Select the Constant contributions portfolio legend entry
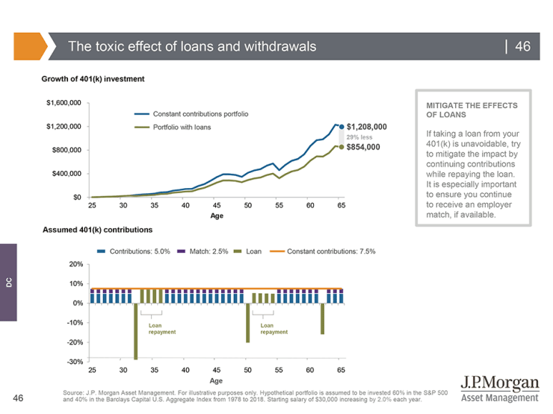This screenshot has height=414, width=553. (200, 114)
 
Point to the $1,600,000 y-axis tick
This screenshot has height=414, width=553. (64, 102)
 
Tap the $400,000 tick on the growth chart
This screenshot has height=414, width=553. (69, 174)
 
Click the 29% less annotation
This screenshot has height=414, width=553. (359, 137)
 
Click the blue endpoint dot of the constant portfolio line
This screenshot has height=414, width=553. (342, 127)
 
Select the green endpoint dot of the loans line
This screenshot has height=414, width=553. (342, 147)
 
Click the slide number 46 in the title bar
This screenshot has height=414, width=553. (522, 47)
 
